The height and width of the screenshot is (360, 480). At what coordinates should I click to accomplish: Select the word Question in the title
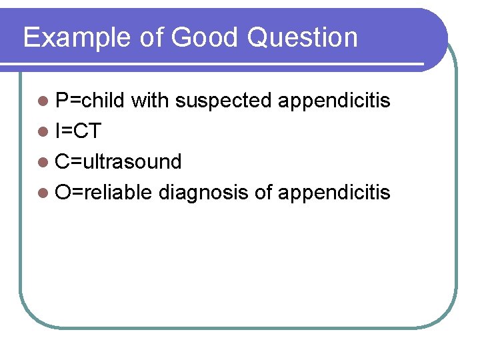[302, 38]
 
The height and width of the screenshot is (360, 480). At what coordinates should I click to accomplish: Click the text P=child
[90, 101]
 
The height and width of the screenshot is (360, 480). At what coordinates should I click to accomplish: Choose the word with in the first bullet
[150, 101]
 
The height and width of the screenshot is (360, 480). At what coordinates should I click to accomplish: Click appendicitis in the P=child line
[334, 101]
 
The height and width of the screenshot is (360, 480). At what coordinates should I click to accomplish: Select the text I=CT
[78, 131]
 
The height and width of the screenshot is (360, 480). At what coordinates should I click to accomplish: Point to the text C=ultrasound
[119, 161]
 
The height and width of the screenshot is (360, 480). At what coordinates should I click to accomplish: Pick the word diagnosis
[203, 193]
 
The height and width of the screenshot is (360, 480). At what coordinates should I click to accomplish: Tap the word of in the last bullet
[263, 192]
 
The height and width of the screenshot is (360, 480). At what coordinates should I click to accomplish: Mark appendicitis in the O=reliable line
[334, 193]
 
